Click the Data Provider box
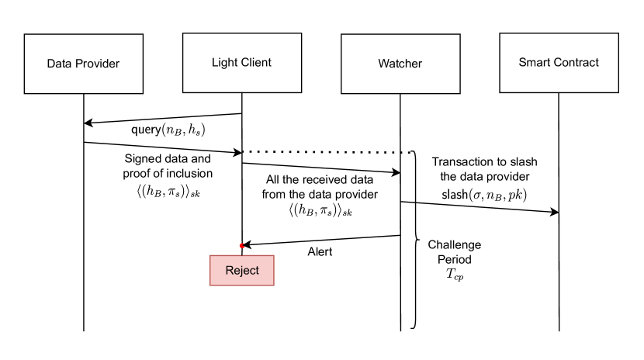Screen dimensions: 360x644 (83, 64)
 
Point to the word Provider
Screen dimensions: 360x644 (97, 64)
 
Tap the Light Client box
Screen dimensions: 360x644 (241, 63)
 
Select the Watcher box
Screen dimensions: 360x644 (400, 64)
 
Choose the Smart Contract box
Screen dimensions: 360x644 (559, 63)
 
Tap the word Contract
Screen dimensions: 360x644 (576, 62)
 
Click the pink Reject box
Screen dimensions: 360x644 (241, 270)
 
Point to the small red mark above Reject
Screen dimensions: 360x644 (241, 245)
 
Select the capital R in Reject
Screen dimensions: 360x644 (229, 270)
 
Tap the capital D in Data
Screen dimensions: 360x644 (50, 64)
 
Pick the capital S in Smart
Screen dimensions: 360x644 (522, 62)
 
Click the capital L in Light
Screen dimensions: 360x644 (215, 62)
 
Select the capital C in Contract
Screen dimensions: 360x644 (559, 62)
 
